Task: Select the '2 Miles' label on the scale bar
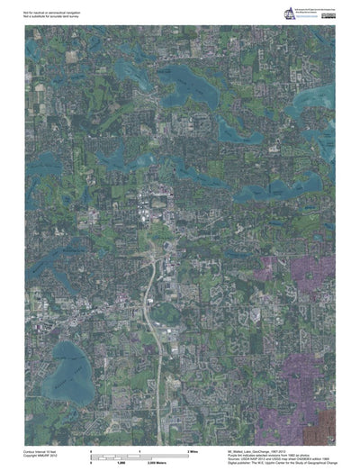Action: pyautogui.click(x=192, y=448)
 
